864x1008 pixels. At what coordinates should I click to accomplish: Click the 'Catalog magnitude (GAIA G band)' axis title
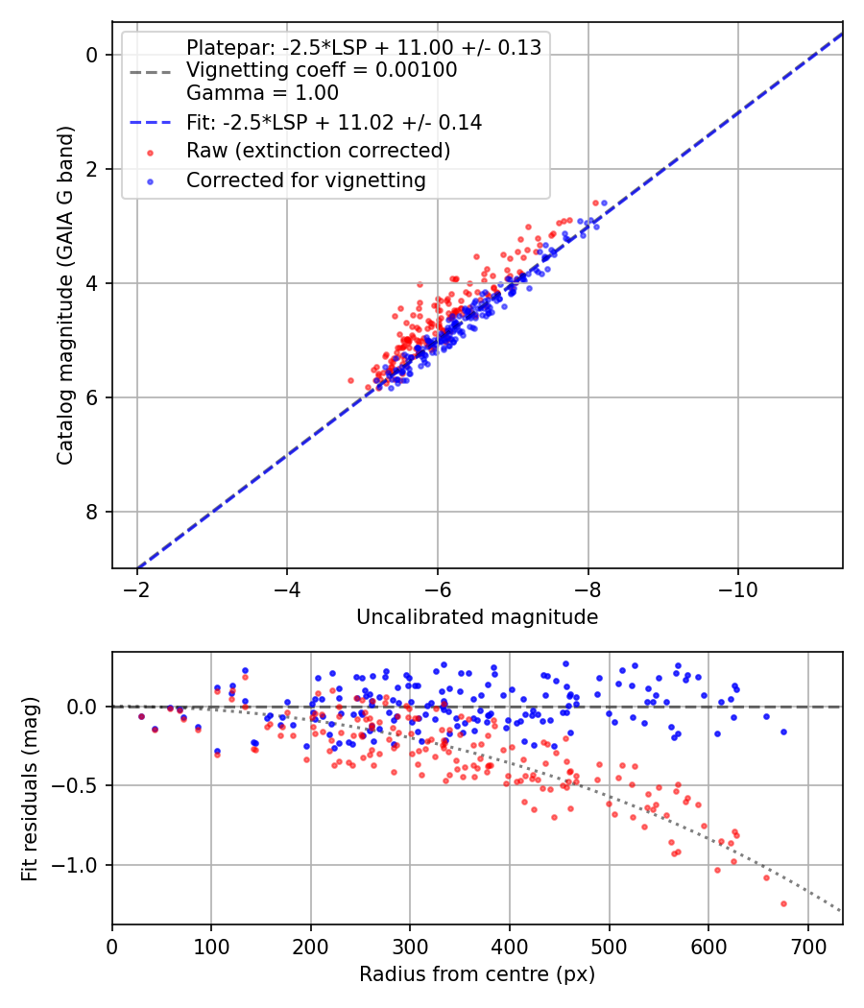coord(65,295)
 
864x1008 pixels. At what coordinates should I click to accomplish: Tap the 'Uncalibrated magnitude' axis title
coord(477,616)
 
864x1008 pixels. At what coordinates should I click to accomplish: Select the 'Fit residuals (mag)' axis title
coord(30,789)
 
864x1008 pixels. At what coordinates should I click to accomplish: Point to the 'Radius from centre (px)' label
coord(477,974)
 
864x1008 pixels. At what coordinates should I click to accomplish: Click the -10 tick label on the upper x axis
coord(737,589)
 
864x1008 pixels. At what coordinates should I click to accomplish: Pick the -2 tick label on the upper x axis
coord(136,589)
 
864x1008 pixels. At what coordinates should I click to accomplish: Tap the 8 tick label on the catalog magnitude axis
coord(91,512)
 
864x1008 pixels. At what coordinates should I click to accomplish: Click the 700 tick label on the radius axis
coord(807,947)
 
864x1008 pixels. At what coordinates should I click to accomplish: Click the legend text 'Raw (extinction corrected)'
coord(318,151)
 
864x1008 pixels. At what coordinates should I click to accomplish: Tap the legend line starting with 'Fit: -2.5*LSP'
coord(334,122)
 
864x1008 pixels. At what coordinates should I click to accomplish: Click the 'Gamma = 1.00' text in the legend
coord(262,92)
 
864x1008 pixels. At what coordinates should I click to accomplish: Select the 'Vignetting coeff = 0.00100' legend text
coord(322,69)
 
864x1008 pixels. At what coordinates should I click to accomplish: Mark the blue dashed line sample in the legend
coord(151,122)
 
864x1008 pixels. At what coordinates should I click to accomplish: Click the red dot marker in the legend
coord(151,153)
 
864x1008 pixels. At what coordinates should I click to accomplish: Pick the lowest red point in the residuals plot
coord(783,904)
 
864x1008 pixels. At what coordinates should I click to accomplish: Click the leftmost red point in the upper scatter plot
coord(351,380)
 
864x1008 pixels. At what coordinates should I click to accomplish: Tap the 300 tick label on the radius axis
coord(410,947)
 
